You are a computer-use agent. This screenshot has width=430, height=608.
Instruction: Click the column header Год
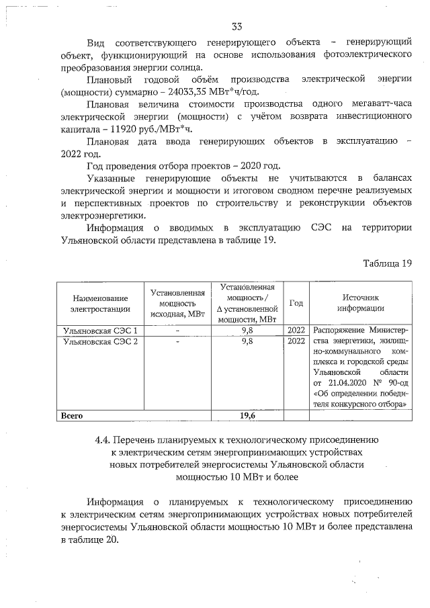tap(296, 303)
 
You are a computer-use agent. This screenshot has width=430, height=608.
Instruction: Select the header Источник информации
tap(361, 303)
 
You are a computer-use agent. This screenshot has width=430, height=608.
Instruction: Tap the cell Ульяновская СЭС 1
tap(99, 331)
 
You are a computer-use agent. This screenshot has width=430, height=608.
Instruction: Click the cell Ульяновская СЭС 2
tap(99, 341)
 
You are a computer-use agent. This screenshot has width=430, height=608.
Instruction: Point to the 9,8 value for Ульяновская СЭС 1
tap(247, 331)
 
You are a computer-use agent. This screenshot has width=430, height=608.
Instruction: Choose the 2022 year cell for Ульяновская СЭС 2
tap(296, 341)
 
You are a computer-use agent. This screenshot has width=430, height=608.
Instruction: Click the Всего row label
tap(72, 416)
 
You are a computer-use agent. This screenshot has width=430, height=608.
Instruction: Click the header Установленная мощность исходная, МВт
tap(177, 303)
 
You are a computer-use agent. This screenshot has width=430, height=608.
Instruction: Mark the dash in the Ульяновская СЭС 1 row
tap(177, 331)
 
